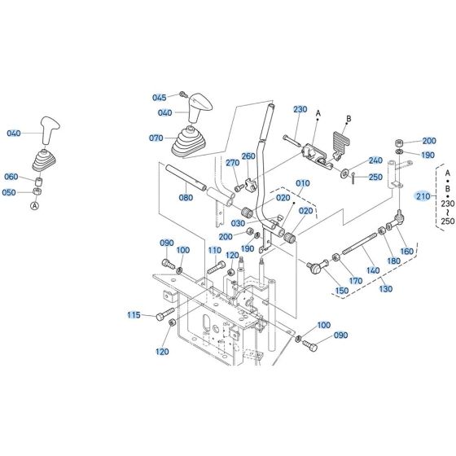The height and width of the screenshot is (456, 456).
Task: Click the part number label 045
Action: (160, 98)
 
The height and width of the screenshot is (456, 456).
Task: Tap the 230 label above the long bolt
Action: (300, 110)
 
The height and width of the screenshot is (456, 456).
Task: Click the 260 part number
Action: (248, 156)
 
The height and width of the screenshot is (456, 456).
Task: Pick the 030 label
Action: (238, 223)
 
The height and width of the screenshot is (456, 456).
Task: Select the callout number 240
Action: (375, 160)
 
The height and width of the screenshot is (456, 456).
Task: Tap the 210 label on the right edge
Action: (422, 196)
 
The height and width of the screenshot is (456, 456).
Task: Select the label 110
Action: (214, 250)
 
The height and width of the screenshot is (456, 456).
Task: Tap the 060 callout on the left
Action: (11, 177)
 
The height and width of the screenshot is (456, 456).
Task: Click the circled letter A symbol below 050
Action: (34, 206)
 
